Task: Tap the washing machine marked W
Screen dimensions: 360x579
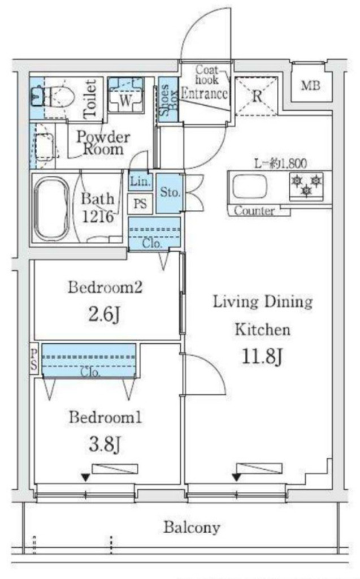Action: click(125, 94)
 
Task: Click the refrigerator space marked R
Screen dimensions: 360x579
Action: click(256, 96)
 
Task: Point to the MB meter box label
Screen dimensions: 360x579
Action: click(310, 86)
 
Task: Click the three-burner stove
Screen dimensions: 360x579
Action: click(306, 185)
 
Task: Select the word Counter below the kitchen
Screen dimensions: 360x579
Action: click(254, 211)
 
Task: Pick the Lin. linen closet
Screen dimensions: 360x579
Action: click(140, 182)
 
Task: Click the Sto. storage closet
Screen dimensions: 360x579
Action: click(170, 193)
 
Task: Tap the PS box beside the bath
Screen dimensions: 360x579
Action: click(140, 204)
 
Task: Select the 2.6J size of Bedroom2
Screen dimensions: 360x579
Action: click(105, 314)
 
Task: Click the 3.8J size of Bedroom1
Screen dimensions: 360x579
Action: click(105, 444)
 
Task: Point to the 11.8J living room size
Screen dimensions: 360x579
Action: click(262, 357)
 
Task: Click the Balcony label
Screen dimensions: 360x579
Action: click(192, 528)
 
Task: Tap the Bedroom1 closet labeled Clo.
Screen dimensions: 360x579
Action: click(89, 361)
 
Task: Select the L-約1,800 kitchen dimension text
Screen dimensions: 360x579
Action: click(281, 163)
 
